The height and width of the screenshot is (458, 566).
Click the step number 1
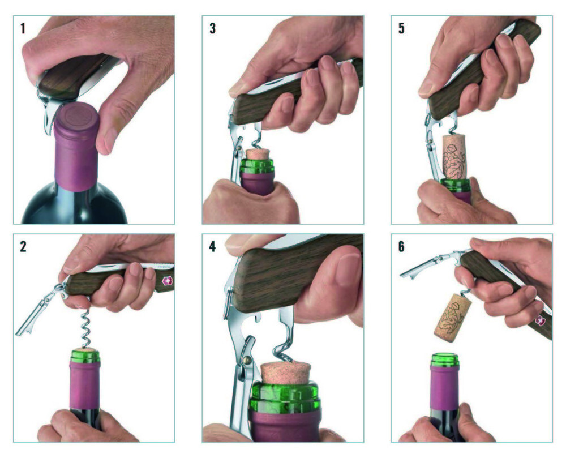[23, 28]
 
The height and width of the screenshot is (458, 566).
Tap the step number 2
[23, 247]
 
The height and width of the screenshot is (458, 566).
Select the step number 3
[213, 28]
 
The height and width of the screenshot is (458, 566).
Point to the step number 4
[212, 247]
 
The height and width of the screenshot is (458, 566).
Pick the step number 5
[401, 28]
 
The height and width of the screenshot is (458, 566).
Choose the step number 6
[401, 247]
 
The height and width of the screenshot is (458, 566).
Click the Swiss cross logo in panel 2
[167, 281]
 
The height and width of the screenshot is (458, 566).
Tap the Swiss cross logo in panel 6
[540, 320]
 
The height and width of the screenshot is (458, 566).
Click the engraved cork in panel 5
[456, 157]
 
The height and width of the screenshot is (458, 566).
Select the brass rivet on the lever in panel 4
[248, 359]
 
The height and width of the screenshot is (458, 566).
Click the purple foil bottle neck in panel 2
[85, 386]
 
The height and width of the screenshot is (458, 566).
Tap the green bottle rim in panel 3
[256, 166]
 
